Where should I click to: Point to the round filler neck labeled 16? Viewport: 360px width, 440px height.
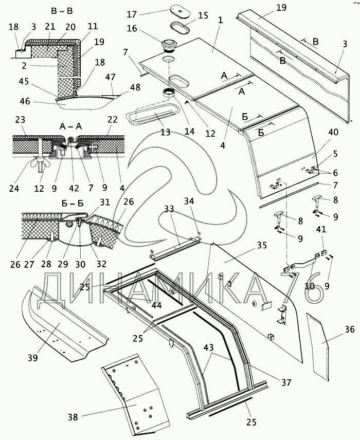(x=168, y=46)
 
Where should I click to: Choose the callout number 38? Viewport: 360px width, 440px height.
(x=73, y=417)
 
